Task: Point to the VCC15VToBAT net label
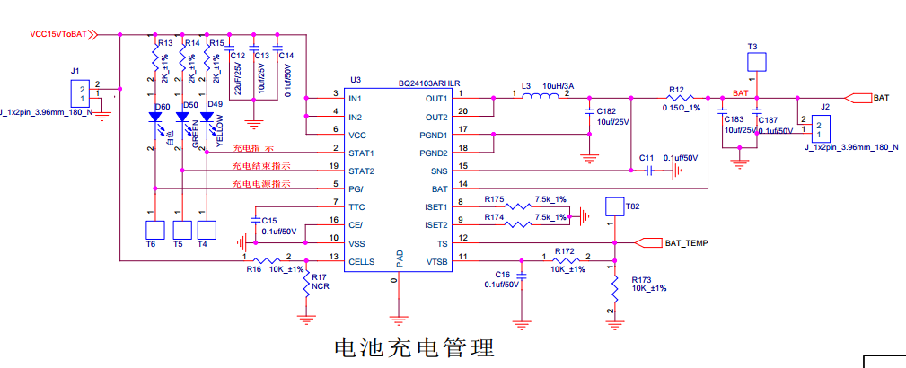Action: pos(58,35)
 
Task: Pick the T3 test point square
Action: pos(757,61)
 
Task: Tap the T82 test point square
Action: pos(615,207)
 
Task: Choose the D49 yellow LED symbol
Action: pos(207,116)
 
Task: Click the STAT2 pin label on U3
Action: pos(361,171)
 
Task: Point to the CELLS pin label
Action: pos(361,260)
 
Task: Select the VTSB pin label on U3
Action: pos(436,260)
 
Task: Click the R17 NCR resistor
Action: pos(307,285)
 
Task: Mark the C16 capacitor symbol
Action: pos(523,278)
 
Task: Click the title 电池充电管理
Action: pos(414,346)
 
